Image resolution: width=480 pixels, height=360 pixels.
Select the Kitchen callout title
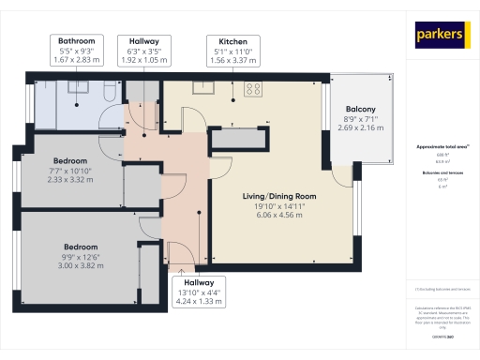tap(232, 41)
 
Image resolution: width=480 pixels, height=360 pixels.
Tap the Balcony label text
tap(360, 108)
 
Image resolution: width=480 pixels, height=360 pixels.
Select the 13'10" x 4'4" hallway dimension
tap(198, 292)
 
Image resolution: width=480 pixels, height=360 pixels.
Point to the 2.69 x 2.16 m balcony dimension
tap(360, 128)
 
